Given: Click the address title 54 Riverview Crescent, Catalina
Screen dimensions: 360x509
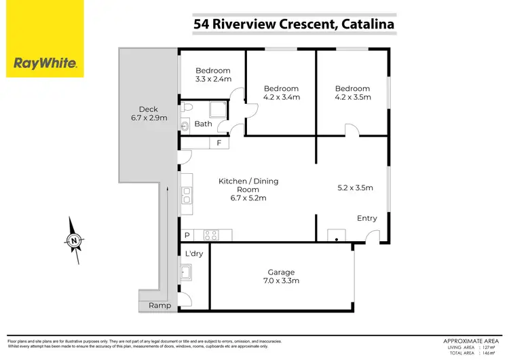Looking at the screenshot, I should [x=294, y=24].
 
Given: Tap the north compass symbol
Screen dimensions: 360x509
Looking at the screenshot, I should [x=73, y=240].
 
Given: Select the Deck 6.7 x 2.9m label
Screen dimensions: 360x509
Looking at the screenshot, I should [x=149, y=113].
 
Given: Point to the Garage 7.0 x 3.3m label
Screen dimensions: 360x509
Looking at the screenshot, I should [x=281, y=276].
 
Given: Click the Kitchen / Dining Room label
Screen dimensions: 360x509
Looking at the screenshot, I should [x=248, y=190].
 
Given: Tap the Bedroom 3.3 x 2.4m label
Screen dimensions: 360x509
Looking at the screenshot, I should [x=213, y=75].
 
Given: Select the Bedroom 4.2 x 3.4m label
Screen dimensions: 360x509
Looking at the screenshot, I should [x=281, y=92].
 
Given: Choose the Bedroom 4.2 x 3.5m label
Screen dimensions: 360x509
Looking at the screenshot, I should [x=352, y=92].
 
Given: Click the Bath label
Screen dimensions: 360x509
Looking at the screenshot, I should [x=203, y=124].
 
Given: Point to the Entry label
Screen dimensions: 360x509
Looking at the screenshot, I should [x=366, y=218].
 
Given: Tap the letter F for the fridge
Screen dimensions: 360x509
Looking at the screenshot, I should [x=219, y=143].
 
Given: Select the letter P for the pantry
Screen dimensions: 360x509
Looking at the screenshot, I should [x=187, y=235].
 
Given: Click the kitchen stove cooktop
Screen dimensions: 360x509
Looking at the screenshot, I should [x=212, y=235].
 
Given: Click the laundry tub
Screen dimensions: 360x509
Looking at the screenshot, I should [x=185, y=273].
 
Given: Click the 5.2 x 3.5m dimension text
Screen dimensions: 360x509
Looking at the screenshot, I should [x=356, y=188].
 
